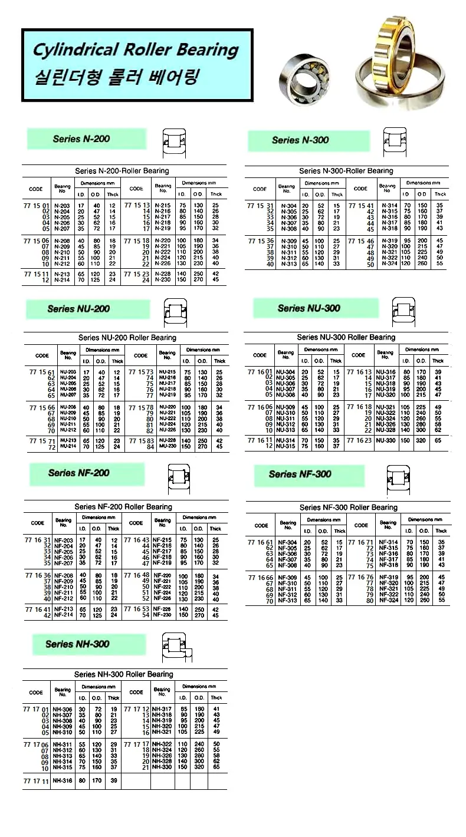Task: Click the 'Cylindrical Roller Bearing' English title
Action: coord(136,50)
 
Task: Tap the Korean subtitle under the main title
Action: coord(117,77)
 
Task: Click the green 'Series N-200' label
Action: coord(81,139)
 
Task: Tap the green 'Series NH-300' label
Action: coord(77,644)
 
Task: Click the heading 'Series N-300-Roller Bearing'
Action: coord(346,171)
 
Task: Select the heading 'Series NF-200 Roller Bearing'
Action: coord(123,507)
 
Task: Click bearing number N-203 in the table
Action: coord(61,206)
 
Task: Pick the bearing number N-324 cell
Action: coord(389,265)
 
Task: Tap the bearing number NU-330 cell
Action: coord(386,440)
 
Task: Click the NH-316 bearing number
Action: coord(63,780)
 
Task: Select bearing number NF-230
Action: coord(162,615)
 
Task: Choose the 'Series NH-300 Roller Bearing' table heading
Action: coord(124,674)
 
